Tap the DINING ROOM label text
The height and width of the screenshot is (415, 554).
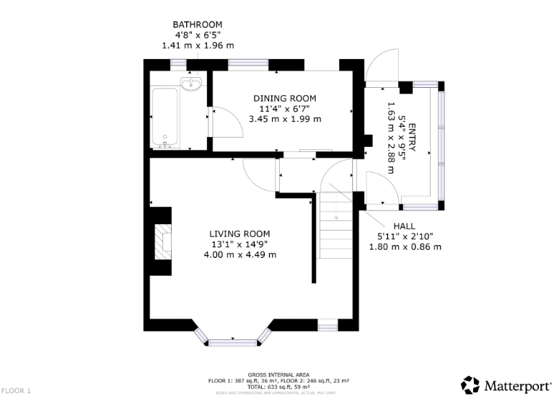(284, 98)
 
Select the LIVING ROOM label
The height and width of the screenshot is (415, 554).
(239, 233)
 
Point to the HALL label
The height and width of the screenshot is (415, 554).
(404, 226)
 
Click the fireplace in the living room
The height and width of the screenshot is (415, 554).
(164, 241)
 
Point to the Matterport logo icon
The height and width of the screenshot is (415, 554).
(470, 385)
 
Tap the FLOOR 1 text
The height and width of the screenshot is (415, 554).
(17, 391)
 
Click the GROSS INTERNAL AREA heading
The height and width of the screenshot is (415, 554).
(278, 375)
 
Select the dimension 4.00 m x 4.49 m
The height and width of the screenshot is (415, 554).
(240, 254)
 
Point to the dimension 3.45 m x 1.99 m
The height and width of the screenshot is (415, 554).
(284, 119)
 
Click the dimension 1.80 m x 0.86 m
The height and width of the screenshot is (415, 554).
(404, 246)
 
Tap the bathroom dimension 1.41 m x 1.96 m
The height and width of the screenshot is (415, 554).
(197, 45)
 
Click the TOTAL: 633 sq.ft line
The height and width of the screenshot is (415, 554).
(278, 387)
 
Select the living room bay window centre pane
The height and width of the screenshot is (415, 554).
(233, 342)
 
